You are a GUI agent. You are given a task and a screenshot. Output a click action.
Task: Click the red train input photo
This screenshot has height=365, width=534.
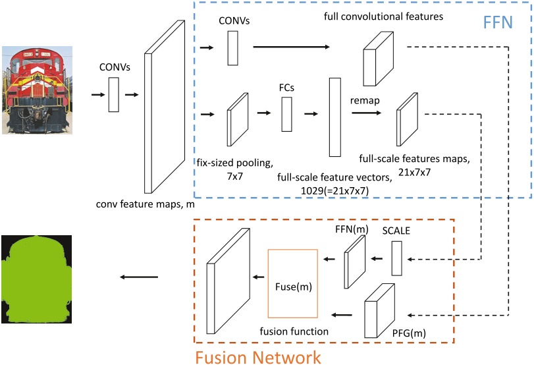pyautogui.click(x=38, y=90)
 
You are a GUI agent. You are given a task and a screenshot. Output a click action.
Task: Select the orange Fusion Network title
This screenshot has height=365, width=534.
pyautogui.click(x=257, y=357)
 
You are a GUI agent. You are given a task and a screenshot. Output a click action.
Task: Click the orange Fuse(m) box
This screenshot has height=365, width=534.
pyautogui.click(x=292, y=283)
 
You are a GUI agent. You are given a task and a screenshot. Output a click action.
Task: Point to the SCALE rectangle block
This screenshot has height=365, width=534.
pyautogui.click(x=396, y=258)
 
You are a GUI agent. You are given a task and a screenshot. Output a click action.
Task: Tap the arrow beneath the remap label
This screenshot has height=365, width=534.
pyautogui.click(x=366, y=113)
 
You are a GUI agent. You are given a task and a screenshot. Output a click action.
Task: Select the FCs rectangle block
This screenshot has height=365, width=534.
pyautogui.click(x=286, y=114)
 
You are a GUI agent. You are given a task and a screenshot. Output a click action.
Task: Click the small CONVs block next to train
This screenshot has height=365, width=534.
pyautogui.click(x=113, y=95)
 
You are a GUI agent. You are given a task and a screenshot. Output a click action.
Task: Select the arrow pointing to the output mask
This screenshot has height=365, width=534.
pyautogui.click(x=140, y=277)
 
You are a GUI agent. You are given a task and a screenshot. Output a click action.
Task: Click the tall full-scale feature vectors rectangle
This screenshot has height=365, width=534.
pyautogui.click(x=334, y=117)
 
